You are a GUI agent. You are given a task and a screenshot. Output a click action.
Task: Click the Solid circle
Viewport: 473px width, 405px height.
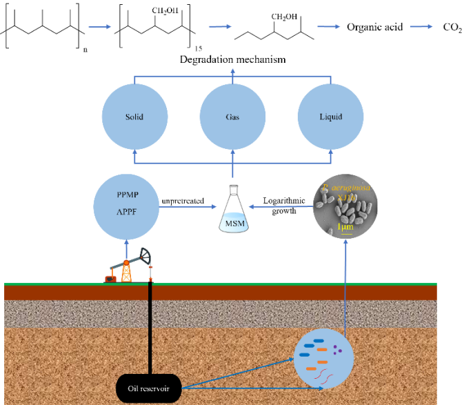pyautogui.click(x=134, y=117)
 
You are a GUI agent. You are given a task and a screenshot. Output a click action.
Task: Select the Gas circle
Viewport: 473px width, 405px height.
pyautogui.click(x=232, y=117)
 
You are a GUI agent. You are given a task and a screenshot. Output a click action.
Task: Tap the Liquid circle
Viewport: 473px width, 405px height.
pyautogui.click(x=330, y=117)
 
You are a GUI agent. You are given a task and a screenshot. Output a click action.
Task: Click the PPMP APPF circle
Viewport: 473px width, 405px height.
pyautogui.click(x=126, y=204)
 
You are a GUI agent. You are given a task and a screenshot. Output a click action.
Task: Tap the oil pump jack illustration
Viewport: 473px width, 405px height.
pyautogui.click(x=128, y=265)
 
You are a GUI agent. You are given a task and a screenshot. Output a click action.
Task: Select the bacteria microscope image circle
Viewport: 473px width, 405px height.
pyautogui.click(x=345, y=206)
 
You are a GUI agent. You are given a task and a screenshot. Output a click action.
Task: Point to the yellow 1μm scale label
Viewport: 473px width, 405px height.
pyautogui.click(x=345, y=227)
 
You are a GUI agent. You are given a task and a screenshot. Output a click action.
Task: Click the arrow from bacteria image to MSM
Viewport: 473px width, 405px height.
pyautogui.click(x=280, y=206)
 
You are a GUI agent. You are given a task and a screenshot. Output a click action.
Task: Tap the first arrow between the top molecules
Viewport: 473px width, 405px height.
pyautogui.click(x=100, y=27)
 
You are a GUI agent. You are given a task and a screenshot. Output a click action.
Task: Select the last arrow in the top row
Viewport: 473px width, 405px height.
pyautogui.click(x=421, y=26)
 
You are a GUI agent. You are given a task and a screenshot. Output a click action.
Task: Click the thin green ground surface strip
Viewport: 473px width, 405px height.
pyautogui.click(x=221, y=284)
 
